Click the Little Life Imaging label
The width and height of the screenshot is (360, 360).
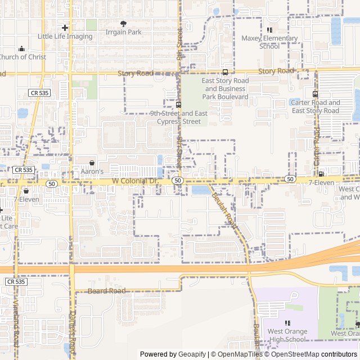click(x=65, y=37)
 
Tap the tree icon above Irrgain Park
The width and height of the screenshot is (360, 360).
click(x=124, y=24)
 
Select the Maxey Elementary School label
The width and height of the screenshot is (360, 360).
click(x=269, y=42)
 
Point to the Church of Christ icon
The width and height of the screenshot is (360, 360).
click(x=21, y=48)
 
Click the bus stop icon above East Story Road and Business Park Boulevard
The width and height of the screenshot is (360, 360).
click(x=225, y=72)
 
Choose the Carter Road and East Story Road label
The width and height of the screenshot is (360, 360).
click(x=316, y=106)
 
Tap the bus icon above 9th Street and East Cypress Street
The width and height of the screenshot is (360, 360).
click(x=178, y=105)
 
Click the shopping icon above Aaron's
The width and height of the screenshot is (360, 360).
click(x=92, y=163)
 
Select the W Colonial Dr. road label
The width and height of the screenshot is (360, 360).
click(x=136, y=181)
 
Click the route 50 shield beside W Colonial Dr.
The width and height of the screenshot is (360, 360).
click(x=177, y=180)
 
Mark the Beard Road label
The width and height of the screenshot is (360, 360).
click(x=107, y=291)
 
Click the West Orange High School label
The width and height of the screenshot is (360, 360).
click(x=287, y=335)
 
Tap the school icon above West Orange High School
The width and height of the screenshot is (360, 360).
click(x=287, y=323)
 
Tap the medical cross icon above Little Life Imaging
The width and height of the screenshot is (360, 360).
click(x=65, y=28)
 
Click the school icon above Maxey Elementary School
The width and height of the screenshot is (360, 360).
click(x=269, y=30)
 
